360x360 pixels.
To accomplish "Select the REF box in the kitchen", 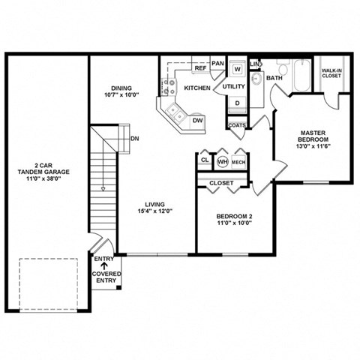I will point(200,68).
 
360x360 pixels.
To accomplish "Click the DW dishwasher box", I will point(197,120).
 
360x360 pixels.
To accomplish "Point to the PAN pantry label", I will point(218,64).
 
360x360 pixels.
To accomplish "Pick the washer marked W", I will point(237,69).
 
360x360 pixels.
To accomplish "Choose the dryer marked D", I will point(237,103).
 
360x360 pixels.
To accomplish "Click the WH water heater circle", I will point(222,161).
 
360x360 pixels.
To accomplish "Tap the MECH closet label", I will point(238,161).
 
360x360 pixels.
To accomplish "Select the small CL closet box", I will point(205,160).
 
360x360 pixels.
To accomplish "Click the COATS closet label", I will point(236,126).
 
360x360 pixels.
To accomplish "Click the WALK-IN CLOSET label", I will point(332,73).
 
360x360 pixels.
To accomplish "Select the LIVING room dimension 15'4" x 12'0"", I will point(156,211).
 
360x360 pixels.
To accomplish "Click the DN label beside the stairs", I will point(134,139).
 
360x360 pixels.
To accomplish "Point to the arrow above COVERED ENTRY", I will point(105,266).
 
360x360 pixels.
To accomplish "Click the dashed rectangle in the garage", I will point(49,283).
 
